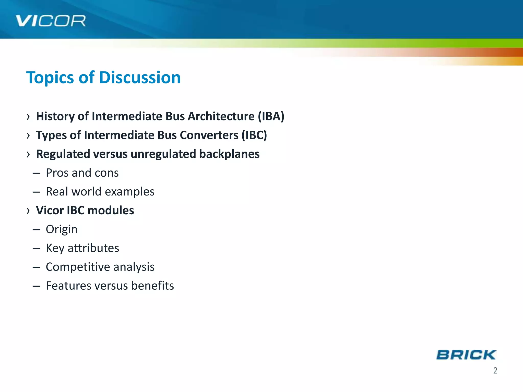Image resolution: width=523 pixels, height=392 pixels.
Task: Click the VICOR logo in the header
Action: [51, 21]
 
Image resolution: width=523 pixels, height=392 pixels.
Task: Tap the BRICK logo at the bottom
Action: [466, 355]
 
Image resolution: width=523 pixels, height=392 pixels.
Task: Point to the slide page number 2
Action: [495, 370]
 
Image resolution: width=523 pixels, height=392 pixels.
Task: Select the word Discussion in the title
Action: [140, 77]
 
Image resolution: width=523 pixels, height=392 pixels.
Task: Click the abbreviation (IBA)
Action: [271, 116]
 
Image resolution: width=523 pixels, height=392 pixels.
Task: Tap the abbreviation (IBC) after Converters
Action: [254, 135]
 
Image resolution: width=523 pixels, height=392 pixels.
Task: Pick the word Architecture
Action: [221, 116]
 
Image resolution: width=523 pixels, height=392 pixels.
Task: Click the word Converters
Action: [209, 135]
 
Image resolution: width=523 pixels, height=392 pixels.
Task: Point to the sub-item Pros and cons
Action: [82, 173]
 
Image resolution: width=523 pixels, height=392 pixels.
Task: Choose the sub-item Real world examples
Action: [100, 192]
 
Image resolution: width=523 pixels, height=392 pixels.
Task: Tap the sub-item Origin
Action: [62, 229]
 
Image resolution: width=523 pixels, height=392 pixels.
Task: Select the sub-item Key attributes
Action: [82, 248]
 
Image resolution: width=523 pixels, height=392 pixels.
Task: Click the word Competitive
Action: [78, 267]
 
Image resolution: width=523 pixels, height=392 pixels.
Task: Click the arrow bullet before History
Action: [28, 117]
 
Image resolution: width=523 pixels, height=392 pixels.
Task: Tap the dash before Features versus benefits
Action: [36, 286]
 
